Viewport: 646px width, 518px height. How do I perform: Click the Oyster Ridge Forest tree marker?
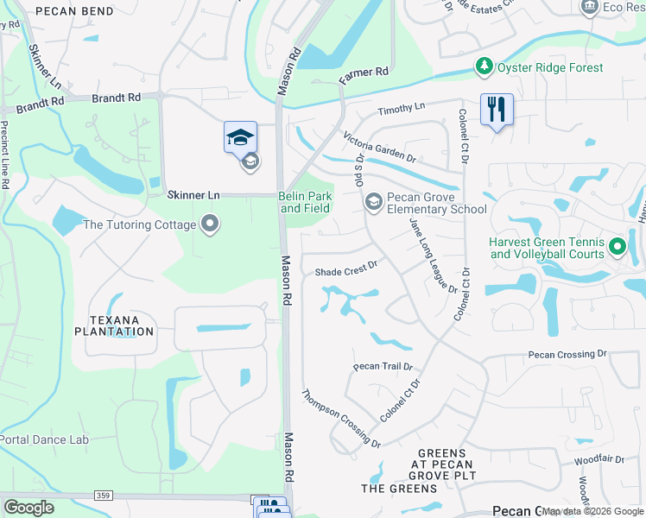tap(484, 66)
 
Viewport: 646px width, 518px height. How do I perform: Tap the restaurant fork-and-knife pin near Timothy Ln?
tap(497, 110)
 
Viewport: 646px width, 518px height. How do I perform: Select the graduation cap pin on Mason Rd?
tap(240, 137)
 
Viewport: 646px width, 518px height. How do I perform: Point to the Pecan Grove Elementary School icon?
tap(373, 202)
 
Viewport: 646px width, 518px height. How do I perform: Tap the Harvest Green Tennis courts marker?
tap(617, 248)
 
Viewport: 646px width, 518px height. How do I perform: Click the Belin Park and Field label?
tap(306, 203)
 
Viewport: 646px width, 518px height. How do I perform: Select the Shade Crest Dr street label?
tap(346, 271)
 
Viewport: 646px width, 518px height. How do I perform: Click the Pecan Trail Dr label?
tap(383, 367)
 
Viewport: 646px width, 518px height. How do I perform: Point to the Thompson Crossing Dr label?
tap(341, 419)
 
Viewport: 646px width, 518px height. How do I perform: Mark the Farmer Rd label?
tap(364, 75)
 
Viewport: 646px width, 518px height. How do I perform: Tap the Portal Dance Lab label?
tap(44, 439)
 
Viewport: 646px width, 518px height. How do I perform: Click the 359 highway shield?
tap(103, 495)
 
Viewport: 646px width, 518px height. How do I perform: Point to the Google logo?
tap(28, 508)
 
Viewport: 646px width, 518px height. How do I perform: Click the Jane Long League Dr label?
tap(433, 256)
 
